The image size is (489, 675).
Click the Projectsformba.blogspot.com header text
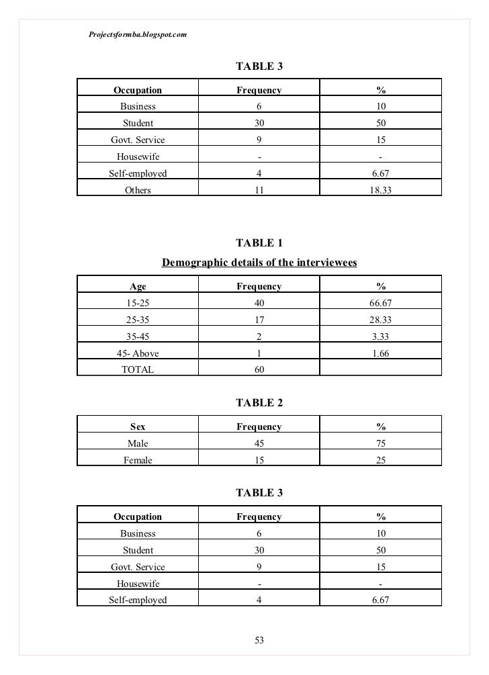[x=137, y=34]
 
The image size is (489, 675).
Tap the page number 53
[x=259, y=641]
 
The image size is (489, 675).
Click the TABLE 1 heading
[x=259, y=243]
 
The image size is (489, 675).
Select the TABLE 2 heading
[x=259, y=403]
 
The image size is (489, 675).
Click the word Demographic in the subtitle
[x=194, y=262]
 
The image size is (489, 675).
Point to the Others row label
[x=138, y=190]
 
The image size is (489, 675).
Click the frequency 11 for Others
[x=259, y=190]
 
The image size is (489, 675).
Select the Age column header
[x=138, y=287]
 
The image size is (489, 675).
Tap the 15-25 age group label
[x=138, y=304]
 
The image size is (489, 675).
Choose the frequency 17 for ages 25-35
[x=259, y=320]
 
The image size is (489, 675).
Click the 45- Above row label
[x=138, y=353]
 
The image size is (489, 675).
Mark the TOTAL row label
[x=138, y=369]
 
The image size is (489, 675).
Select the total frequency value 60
[x=259, y=369]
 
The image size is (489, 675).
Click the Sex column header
[x=138, y=426]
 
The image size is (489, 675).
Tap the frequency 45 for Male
[x=259, y=443]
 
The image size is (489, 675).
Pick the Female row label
[x=138, y=460]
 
